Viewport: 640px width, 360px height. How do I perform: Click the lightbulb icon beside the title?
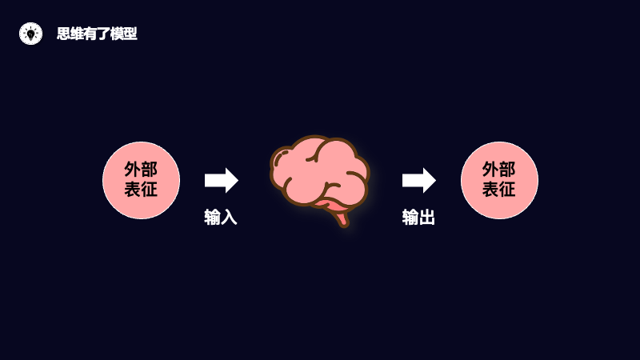pos(30,34)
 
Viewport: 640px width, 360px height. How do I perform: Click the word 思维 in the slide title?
pos(70,34)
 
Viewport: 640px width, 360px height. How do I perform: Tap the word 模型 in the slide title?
pos(124,34)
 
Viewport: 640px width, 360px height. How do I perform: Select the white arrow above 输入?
pos(221,180)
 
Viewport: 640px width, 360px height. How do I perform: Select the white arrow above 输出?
pos(418,180)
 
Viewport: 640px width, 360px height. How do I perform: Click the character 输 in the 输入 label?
pos(212,217)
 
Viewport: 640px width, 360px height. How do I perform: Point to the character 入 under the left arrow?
pos(229,217)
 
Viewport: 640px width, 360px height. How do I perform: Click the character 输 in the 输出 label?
pos(410,217)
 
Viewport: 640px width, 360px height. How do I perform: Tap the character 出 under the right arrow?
pos(427,217)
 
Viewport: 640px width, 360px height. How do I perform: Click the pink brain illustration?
pos(318,172)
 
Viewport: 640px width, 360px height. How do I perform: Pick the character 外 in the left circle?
pos(132,170)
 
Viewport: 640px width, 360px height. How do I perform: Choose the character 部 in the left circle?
pos(150,170)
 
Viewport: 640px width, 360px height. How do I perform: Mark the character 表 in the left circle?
pos(132,190)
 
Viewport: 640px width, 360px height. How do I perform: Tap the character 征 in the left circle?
pos(150,190)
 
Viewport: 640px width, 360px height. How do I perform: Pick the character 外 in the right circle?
pos(490,170)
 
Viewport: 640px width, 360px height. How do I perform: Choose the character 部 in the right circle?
pos(508,170)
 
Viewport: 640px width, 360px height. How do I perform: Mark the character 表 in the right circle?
pos(490,190)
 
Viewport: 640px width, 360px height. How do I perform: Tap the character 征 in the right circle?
pos(508,190)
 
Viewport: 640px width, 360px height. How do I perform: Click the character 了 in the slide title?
pos(104,34)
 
